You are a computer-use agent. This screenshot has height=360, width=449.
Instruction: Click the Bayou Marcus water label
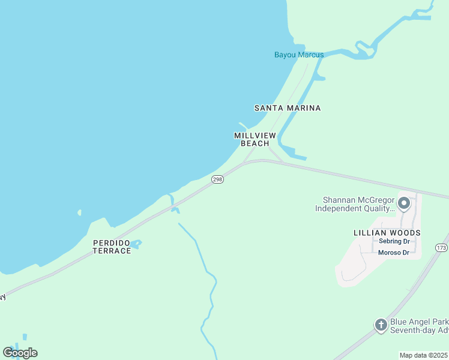pos(299,55)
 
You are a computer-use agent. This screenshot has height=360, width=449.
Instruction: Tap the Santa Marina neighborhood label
pos(288,108)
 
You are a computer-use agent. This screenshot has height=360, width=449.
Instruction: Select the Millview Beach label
pos(255,139)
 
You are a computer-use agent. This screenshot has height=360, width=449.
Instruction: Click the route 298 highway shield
pos(218,179)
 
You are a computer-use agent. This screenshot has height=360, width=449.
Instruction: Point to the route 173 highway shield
pos(442,247)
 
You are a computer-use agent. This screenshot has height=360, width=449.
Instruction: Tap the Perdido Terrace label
pos(112,247)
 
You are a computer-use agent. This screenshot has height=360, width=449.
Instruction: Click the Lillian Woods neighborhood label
pos(387,232)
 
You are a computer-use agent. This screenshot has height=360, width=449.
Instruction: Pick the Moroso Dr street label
pos(394,253)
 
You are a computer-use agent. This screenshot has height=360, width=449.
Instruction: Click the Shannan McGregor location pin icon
pos(404,203)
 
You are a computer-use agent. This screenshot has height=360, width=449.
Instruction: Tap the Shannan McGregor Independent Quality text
pos(358,205)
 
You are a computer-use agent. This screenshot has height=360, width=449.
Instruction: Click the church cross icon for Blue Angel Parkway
pos(381,325)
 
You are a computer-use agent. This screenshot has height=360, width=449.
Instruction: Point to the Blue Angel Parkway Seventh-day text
pos(419,326)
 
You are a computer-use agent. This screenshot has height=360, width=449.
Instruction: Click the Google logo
pos(20,352)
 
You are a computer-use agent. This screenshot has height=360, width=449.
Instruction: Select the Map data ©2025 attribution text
pos(423,355)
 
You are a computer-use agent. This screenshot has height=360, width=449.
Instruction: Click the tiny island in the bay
pos(79,212)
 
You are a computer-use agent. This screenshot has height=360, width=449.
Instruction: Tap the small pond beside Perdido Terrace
pos(136,244)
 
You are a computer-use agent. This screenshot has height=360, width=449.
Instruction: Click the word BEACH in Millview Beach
pos(255,143)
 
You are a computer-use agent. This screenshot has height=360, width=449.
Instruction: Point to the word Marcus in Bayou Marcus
pos(310,55)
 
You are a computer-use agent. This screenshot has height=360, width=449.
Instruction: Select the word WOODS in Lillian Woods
pos(404,232)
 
